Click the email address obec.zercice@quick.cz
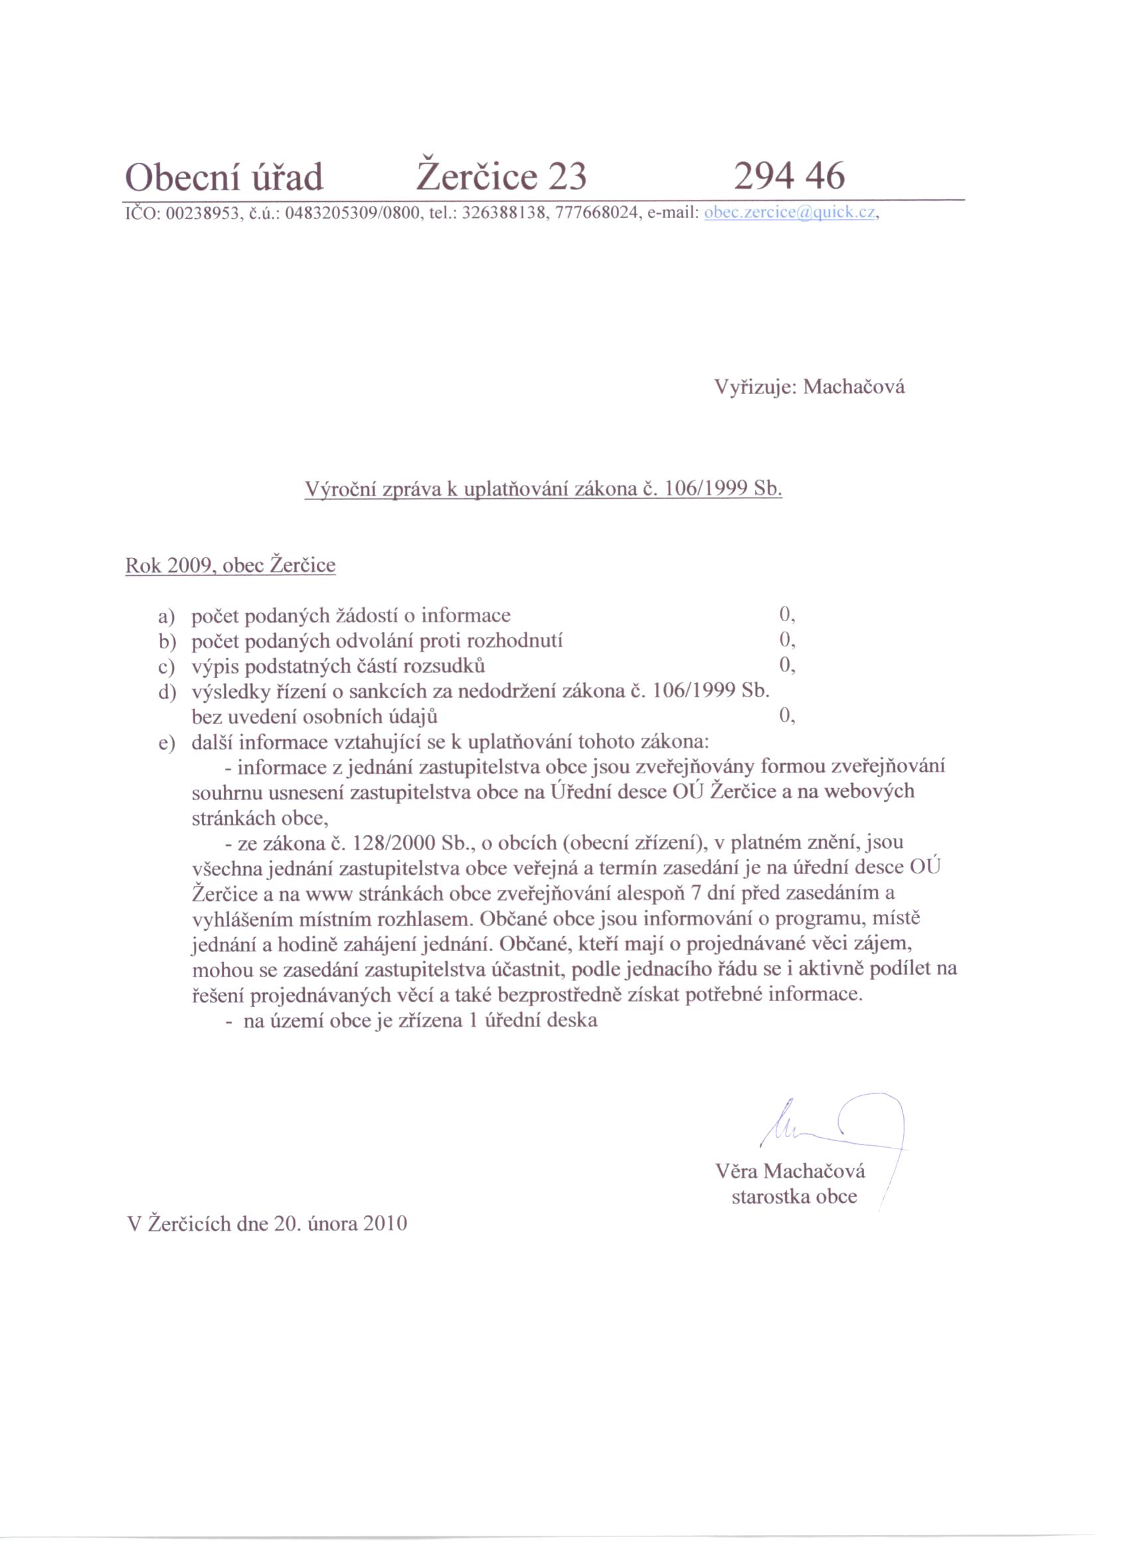(x=790, y=213)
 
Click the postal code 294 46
(x=789, y=177)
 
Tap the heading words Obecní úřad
(x=224, y=178)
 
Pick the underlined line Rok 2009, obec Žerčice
(x=230, y=565)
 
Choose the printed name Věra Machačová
(x=790, y=1171)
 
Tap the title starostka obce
(x=794, y=1197)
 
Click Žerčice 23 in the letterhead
(x=501, y=177)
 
